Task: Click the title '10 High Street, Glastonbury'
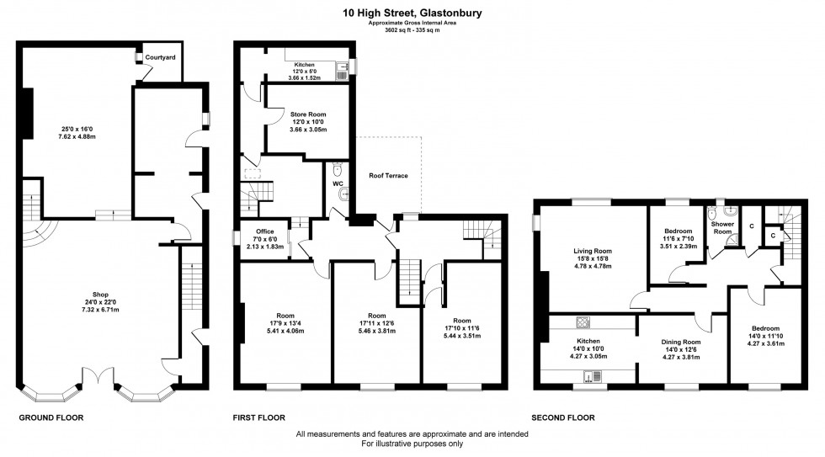[412, 13]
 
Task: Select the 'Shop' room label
[100, 294]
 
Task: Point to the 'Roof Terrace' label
[388, 176]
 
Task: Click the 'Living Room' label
[593, 251]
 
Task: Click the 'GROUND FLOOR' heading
[51, 417]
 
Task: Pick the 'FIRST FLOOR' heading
[259, 417]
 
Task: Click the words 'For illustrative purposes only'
[412, 444]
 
